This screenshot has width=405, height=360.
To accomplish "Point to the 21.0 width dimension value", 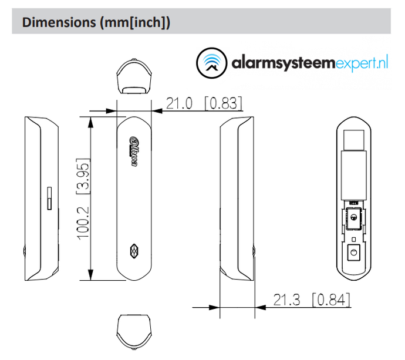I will click(179, 103).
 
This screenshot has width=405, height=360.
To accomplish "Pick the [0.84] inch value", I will click(331, 300).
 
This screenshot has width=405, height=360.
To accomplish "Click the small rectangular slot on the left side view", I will click(49, 198).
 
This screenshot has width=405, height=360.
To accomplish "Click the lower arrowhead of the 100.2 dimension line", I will click(91, 276).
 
